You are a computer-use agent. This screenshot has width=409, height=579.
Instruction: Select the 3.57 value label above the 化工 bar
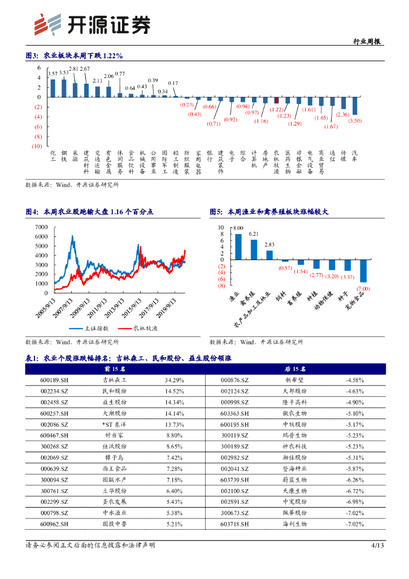click(x=53, y=74)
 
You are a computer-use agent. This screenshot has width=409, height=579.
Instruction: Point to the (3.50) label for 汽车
click(x=355, y=121)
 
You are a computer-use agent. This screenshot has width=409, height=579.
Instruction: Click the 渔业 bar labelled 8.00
click(x=238, y=247)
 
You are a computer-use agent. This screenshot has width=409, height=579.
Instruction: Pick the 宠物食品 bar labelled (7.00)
click(x=363, y=271)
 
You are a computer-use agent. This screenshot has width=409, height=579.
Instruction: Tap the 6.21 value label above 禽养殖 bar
click(x=254, y=234)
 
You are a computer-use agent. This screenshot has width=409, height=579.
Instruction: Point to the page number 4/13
click(x=377, y=545)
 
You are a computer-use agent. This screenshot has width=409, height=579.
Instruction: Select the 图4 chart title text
click(x=90, y=212)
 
